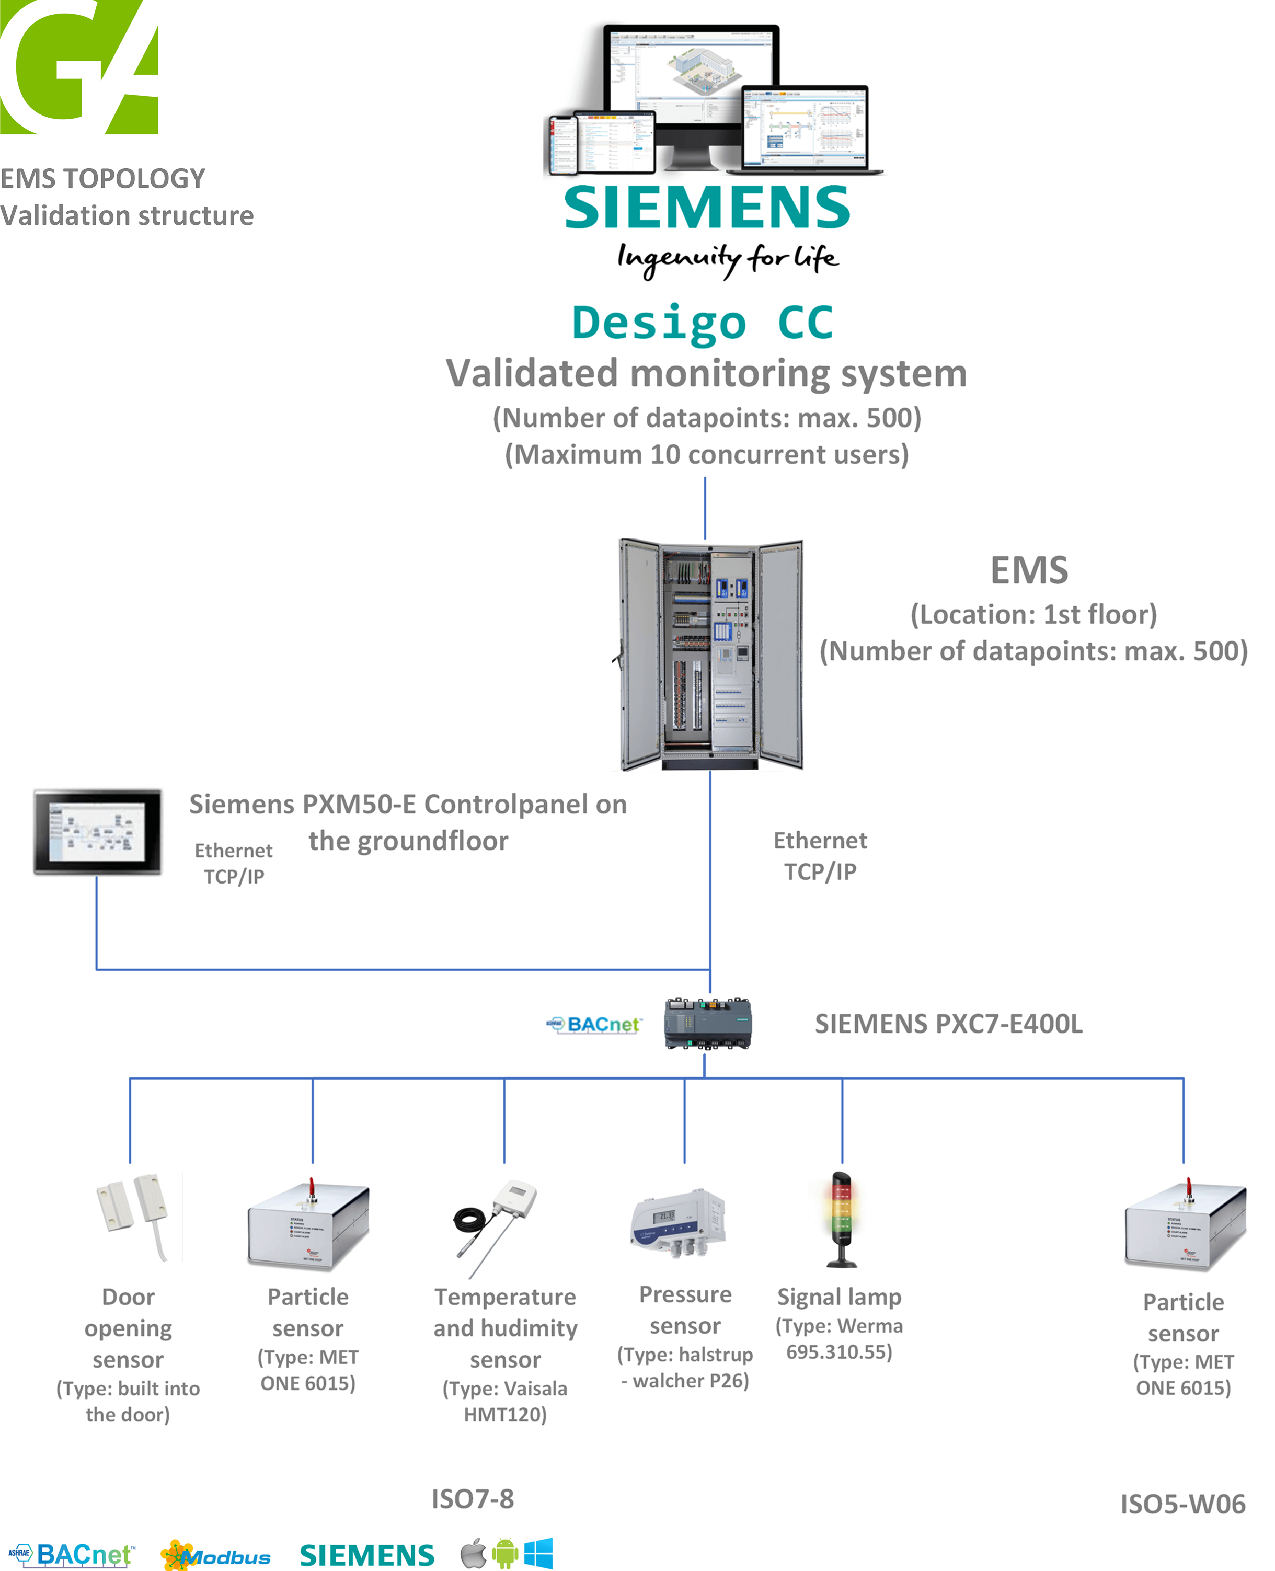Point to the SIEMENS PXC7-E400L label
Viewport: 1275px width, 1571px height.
pos(948,1024)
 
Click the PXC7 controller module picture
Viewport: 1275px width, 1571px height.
pos(707,1023)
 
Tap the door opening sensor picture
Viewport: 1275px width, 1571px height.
pos(134,1215)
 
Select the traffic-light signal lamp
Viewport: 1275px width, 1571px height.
pos(842,1219)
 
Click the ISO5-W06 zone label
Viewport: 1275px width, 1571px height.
pos(1182,1504)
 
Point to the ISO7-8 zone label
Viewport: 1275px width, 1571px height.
pos(472,1499)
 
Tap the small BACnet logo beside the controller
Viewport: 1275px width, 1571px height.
pos(595,1025)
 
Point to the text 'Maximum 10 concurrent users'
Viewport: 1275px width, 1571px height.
pos(707,455)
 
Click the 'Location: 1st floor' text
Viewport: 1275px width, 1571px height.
pos(1033,614)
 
